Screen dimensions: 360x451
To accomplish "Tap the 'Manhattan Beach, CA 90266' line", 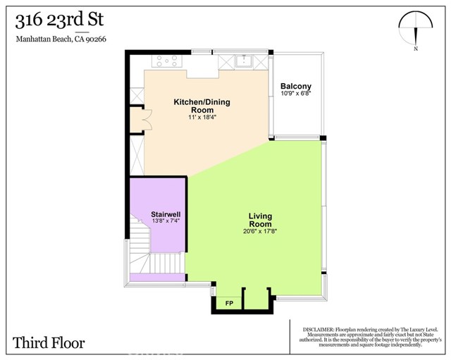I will [x=60, y=39].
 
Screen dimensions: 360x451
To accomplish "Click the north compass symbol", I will [x=415, y=27].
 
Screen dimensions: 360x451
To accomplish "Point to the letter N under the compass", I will [x=416, y=49].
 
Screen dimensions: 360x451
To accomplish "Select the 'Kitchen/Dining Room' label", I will [x=202, y=106].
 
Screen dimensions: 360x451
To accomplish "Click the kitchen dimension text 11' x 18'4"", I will [x=202, y=118].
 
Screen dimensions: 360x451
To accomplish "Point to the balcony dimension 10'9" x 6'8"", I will [x=295, y=94].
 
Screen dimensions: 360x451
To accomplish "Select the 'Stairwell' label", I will [x=166, y=213].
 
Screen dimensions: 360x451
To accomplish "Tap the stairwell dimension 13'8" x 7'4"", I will [x=166, y=221].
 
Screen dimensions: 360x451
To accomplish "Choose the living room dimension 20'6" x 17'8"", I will [x=260, y=231].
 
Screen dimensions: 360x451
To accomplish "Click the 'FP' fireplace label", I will [x=228, y=304].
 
